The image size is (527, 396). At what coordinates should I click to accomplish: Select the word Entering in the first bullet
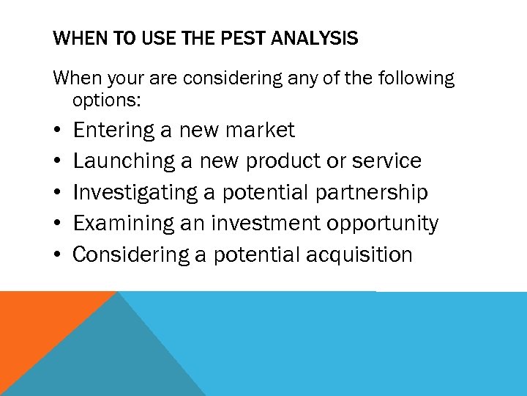(113, 131)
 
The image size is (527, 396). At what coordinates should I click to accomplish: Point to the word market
(261, 131)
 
